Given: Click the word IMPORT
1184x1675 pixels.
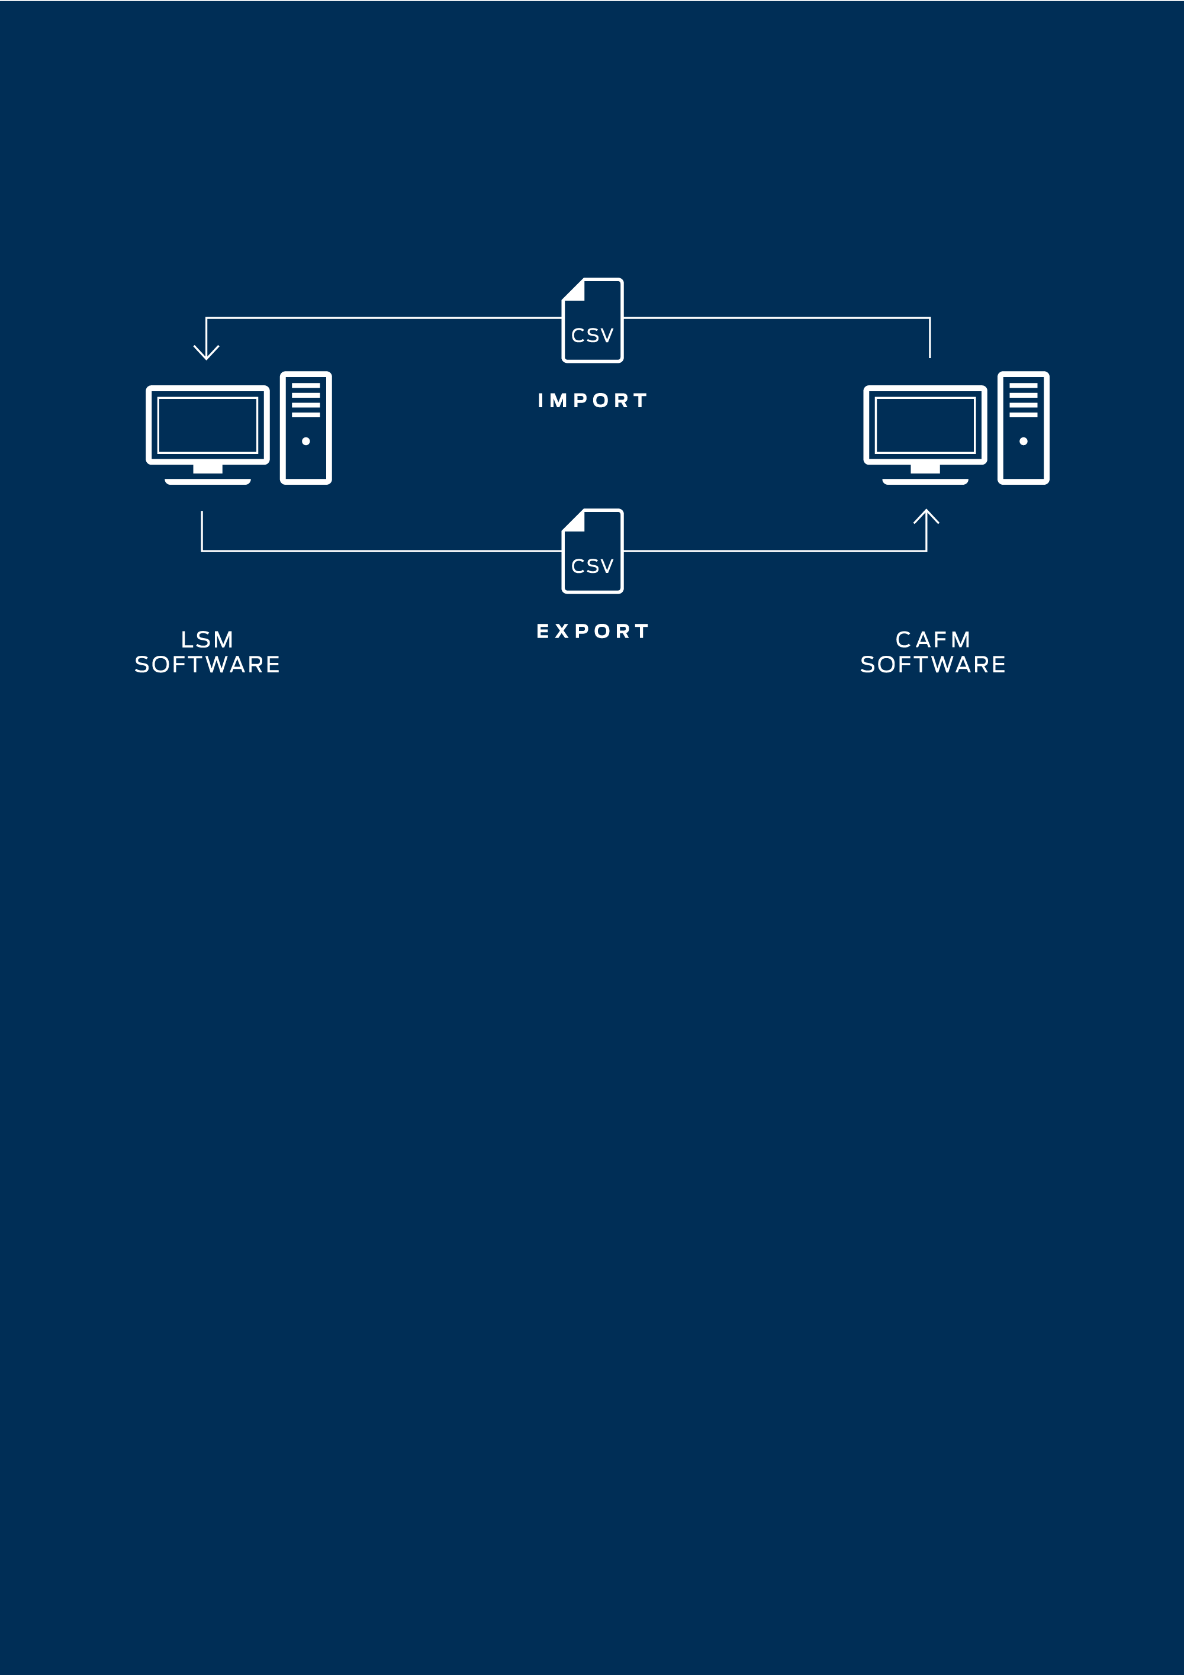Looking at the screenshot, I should pos(593,401).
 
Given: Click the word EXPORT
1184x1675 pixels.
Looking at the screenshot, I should pos(593,631).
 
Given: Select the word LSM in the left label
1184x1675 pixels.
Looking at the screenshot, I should pos(207,640).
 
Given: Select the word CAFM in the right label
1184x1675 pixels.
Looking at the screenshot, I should pos(933,640).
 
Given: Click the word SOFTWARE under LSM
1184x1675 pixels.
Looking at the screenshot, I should pos(207,665).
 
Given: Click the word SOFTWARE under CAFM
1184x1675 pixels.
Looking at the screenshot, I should pos(933,665).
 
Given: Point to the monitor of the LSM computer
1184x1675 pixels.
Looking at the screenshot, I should pos(208,426).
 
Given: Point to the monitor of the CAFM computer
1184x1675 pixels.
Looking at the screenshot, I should pos(925,426).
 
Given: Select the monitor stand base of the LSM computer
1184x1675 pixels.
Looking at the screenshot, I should pos(208,482).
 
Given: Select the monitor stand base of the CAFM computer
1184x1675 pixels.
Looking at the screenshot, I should pos(925,482).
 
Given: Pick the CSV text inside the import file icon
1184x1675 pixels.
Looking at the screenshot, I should pos(593,336).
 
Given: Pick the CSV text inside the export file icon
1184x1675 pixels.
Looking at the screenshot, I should pos(593,566).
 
